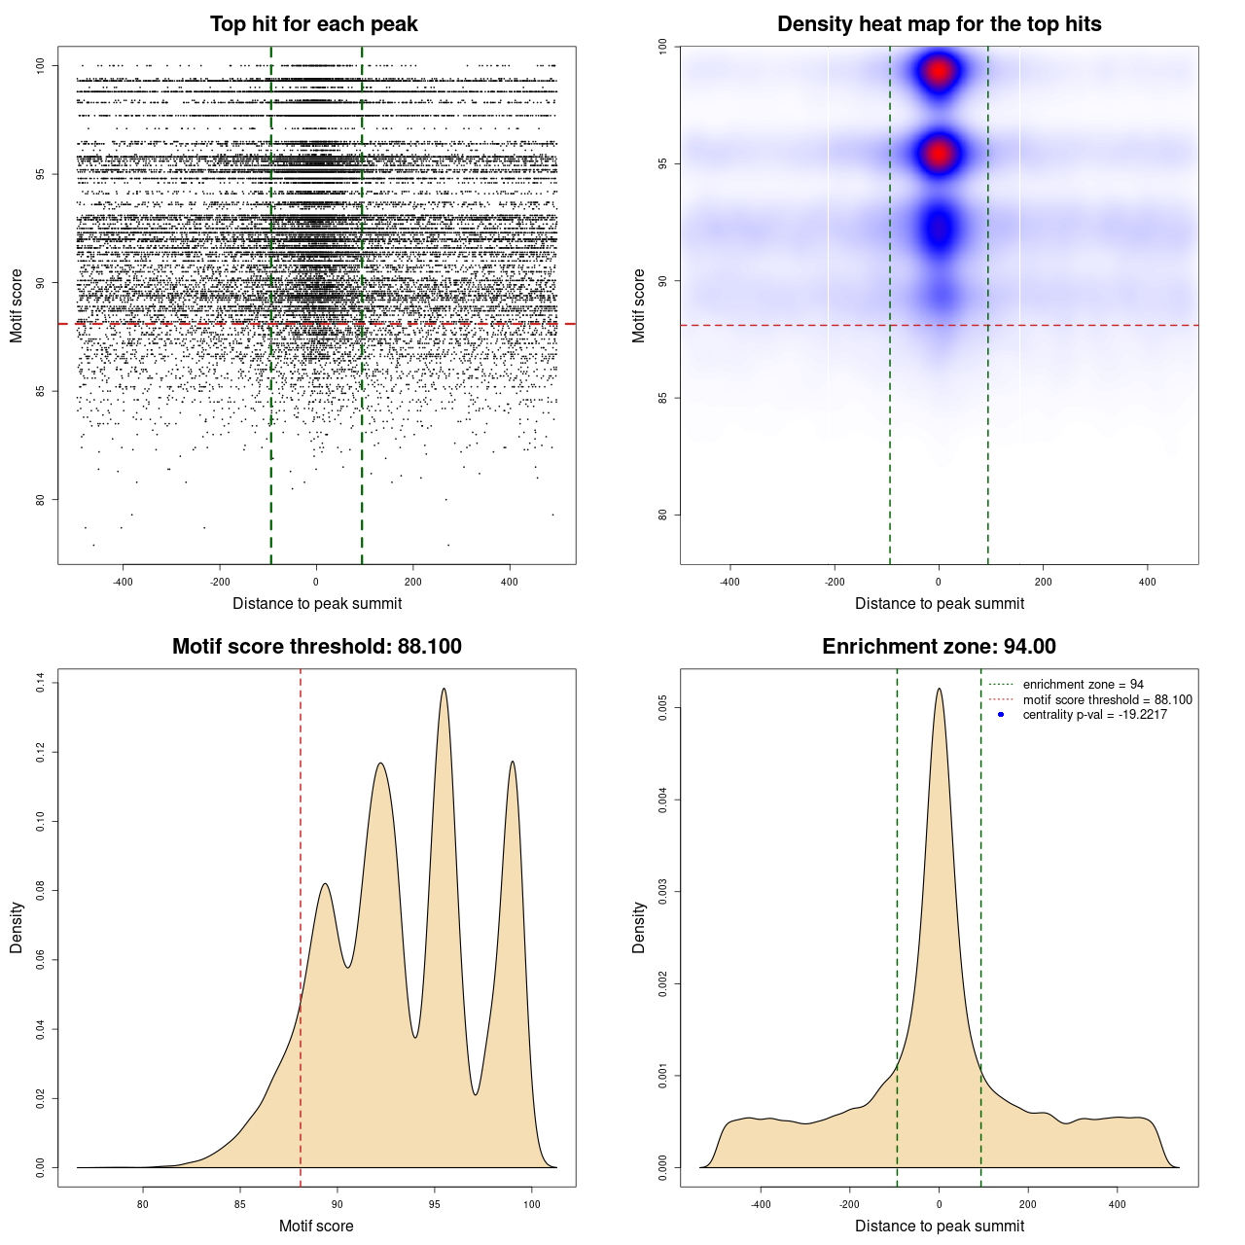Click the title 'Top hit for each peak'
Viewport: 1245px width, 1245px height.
click(x=313, y=24)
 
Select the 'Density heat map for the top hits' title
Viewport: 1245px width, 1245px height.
click(x=939, y=24)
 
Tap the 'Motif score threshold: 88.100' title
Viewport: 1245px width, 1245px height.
click(x=316, y=647)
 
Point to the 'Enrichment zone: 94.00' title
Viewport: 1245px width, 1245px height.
click(x=939, y=647)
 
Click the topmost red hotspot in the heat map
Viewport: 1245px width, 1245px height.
click(x=939, y=71)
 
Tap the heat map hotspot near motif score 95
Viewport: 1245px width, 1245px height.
click(x=939, y=154)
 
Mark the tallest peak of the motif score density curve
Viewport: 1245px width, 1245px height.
click(x=445, y=690)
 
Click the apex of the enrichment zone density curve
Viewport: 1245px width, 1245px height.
click(x=939, y=690)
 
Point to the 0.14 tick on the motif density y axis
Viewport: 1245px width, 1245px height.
click(x=40, y=683)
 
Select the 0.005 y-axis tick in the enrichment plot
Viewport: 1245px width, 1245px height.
click(x=662, y=708)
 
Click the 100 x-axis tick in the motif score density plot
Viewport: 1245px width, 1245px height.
click(x=531, y=1204)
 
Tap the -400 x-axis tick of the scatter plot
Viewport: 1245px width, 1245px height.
click(x=123, y=582)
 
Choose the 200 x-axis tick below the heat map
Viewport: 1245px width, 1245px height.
click(x=1043, y=582)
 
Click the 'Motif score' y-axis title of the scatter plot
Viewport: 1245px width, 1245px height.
click(x=17, y=305)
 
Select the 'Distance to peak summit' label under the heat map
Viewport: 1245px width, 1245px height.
click(x=939, y=604)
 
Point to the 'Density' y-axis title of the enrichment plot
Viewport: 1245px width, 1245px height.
click(x=639, y=927)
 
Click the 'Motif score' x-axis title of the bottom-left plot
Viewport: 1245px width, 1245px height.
click(x=316, y=1226)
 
